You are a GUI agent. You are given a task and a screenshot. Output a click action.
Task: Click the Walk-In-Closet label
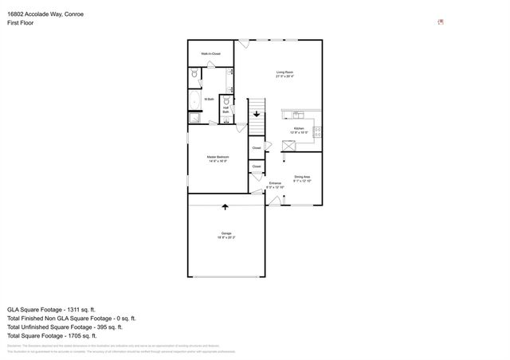210,54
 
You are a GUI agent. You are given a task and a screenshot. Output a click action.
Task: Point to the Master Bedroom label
218,159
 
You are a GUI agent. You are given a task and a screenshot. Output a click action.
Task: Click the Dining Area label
301,178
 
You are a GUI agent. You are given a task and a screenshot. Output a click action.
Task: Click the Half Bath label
226,111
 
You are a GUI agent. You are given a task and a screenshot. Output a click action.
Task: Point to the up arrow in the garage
226,208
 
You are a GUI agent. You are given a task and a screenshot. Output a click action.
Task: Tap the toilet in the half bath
226,101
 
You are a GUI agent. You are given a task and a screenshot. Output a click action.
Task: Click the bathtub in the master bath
194,99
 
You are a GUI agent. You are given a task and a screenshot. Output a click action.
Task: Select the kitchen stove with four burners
316,131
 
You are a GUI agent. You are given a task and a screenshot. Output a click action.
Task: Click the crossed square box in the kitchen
289,146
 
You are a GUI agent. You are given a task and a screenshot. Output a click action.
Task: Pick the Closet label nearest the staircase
257,148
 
